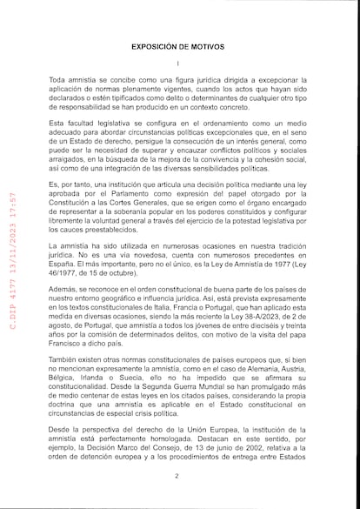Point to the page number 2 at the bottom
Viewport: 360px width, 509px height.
pos(177,476)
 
